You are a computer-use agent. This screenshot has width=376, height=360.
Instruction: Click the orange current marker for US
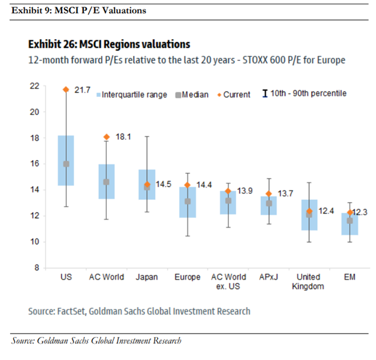point(66,90)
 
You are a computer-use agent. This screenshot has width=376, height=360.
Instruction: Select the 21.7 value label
point(83,90)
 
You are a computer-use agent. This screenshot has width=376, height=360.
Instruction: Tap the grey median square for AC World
point(107,182)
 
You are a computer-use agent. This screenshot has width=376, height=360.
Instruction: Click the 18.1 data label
point(123,137)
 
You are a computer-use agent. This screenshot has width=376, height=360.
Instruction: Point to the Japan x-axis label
point(147,277)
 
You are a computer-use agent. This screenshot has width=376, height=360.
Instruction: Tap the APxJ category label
point(268,277)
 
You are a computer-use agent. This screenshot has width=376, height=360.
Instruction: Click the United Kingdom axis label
point(309,281)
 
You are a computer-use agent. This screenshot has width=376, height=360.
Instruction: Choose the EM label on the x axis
point(349,277)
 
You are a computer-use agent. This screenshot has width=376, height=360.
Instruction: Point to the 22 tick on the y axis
point(34,86)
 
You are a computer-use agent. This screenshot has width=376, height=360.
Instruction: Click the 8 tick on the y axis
point(36,267)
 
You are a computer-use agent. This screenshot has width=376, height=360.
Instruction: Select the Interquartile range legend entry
point(131,95)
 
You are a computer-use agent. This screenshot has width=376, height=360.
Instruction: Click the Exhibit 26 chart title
point(109,45)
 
